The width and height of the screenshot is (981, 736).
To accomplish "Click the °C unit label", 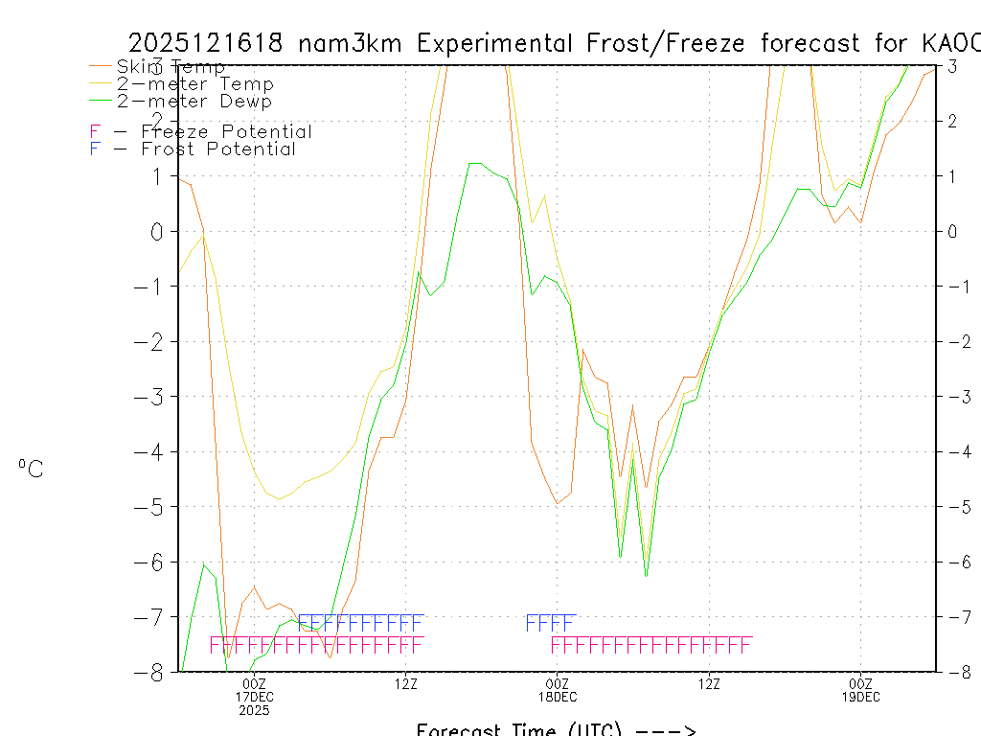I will click(31, 469).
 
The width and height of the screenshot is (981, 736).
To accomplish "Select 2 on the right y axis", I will click(953, 121).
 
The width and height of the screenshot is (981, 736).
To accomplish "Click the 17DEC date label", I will click(255, 697).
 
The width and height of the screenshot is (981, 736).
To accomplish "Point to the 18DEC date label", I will click(558, 697).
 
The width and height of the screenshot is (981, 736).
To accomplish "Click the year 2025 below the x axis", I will click(255, 710).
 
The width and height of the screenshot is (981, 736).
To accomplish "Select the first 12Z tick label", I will click(406, 683).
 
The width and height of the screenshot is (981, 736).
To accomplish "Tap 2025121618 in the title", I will click(206, 43).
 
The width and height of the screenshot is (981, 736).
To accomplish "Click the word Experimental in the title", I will click(494, 43).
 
